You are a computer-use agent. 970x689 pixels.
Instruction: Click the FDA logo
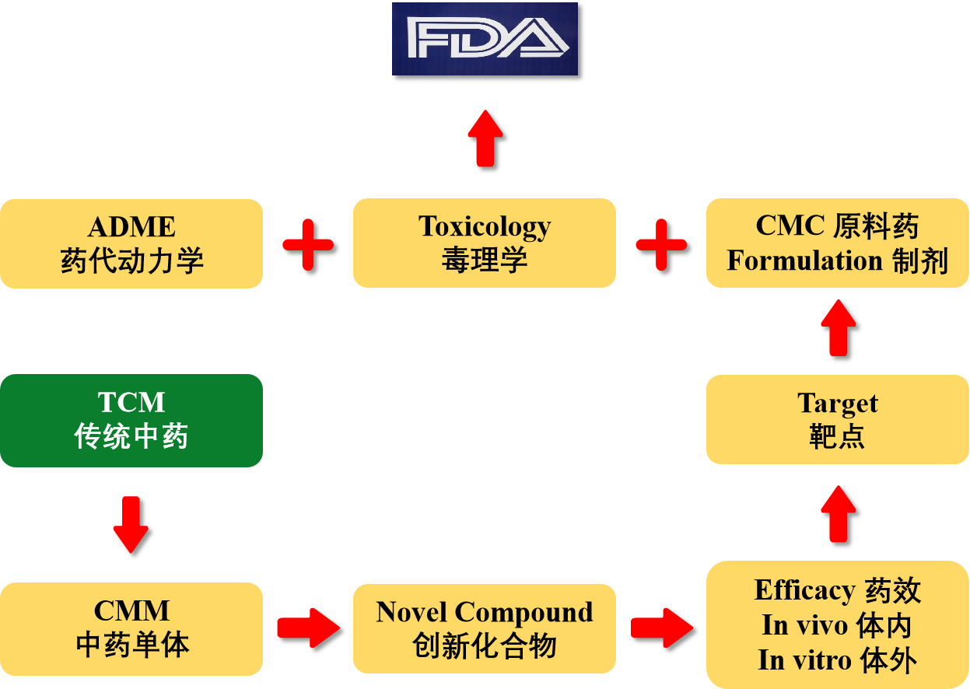[485, 39]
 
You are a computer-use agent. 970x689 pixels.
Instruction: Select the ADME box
[131, 243]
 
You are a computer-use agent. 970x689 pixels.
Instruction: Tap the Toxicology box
[485, 243]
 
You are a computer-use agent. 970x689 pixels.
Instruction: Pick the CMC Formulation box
[838, 243]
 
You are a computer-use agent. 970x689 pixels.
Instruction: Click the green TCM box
[131, 421]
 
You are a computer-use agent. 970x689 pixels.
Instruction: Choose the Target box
[838, 419]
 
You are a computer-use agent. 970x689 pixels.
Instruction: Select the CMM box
[131, 629]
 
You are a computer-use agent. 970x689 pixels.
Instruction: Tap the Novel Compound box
[485, 629]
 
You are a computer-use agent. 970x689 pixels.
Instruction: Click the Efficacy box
[838, 624]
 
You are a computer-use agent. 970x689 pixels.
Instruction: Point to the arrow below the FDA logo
[485, 138]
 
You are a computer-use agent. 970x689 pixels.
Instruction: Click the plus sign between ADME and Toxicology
[308, 244]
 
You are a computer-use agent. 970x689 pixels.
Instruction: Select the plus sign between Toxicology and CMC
[661, 244]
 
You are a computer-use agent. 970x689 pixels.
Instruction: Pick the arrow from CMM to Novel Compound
[308, 628]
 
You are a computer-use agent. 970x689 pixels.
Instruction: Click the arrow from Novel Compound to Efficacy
[662, 628]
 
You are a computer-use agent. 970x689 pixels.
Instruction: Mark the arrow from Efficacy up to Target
[839, 514]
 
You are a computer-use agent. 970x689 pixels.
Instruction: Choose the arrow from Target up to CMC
[839, 327]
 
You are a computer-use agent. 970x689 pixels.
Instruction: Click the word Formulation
[804, 261]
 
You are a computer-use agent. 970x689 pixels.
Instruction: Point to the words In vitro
[804, 660]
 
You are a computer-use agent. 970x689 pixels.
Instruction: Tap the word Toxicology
[485, 227]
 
